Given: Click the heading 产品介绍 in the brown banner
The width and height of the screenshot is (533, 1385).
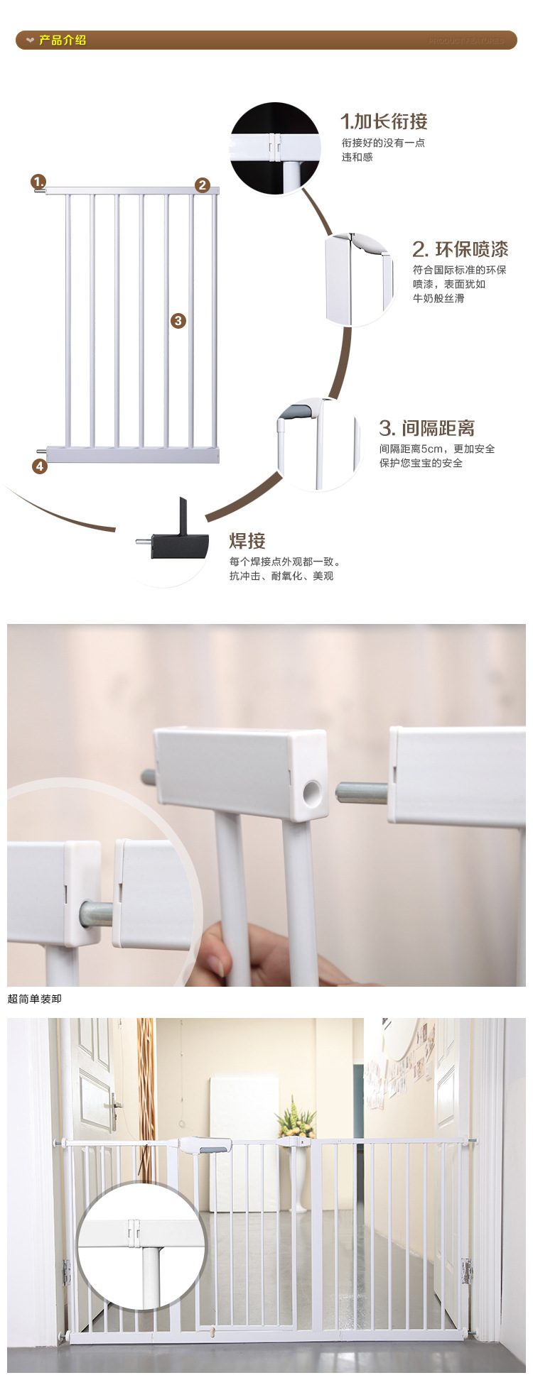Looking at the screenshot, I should click(62, 40).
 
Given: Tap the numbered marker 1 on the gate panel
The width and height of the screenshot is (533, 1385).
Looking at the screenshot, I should click(38, 182).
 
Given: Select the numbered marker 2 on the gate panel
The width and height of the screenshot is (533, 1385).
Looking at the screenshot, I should click(203, 185).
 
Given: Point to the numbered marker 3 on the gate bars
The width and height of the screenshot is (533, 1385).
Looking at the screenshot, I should click(178, 321).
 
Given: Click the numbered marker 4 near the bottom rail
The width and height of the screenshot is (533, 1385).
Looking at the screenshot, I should click(40, 466).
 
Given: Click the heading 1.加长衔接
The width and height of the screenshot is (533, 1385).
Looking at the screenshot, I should click(384, 121).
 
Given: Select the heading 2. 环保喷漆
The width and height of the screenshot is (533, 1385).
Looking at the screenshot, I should click(460, 249).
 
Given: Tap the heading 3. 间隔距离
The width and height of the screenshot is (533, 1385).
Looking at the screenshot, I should click(426, 428).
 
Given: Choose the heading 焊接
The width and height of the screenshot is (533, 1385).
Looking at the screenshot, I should click(247, 541).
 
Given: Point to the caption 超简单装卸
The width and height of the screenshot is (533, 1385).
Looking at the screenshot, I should click(35, 999).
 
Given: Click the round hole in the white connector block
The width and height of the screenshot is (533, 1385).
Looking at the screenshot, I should click(312, 793).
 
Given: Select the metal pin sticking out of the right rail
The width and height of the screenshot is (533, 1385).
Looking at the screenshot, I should click(361, 792).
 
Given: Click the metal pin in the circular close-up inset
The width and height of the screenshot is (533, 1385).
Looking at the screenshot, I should click(95, 914).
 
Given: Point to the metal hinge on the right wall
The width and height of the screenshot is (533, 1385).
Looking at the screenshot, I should click(467, 1271).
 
